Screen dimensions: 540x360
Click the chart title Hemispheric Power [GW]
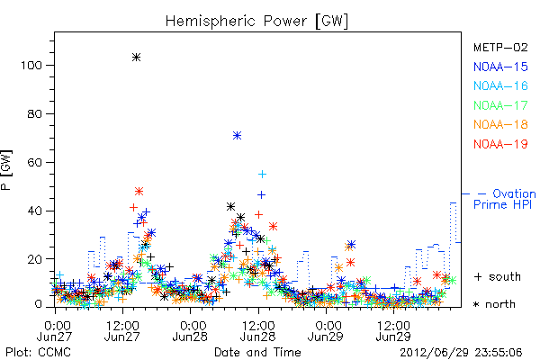(x=256, y=22)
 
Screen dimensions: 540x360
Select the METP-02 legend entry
(x=500, y=47)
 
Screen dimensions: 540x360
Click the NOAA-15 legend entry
(x=500, y=67)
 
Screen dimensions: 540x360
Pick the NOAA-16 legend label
(x=500, y=85)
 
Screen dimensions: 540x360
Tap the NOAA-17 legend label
(x=500, y=105)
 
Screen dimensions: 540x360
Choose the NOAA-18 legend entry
(x=500, y=124)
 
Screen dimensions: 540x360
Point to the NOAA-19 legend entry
(x=500, y=144)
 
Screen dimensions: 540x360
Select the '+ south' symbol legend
(x=498, y=276)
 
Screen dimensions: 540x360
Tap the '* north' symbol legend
(x=494, y=304)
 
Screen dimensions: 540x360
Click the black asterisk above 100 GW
(x=137, y=58)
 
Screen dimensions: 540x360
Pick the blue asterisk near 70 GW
(x=237, y=135)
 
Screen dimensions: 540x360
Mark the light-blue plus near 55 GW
(x=263, y=175)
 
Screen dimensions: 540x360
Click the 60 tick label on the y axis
(x=35, y=162)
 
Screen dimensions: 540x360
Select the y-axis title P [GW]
(x=6, y=170)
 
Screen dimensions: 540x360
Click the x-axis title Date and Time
(x=257, y=353)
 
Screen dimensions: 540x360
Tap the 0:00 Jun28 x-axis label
(x=190, y=331)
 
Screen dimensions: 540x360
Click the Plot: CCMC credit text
(x=38, y=353)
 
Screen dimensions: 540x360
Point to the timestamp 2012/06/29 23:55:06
(x=461, y=353)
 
